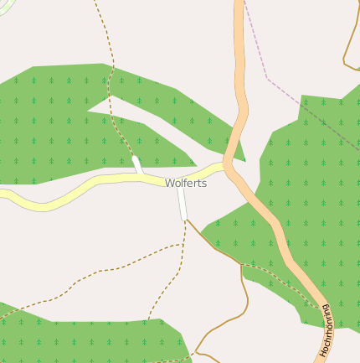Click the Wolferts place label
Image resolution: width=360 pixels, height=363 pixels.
tap(186, 183)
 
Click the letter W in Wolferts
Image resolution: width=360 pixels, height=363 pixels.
tap(169, 183)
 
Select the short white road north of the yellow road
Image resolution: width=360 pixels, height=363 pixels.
tap(137, 165)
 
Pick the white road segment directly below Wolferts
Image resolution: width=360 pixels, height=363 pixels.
tap(182, 204)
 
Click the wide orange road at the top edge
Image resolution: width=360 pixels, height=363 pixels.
tap(239, 7)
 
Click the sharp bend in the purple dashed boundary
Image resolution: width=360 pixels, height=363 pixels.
tap(267, 78)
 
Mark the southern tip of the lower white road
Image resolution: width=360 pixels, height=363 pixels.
tap(184, 219)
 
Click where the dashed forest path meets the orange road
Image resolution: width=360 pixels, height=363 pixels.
tap(321, 307)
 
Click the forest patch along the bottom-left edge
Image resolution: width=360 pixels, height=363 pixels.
tap(84, 340)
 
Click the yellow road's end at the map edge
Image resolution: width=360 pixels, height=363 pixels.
tap(3, 194)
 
